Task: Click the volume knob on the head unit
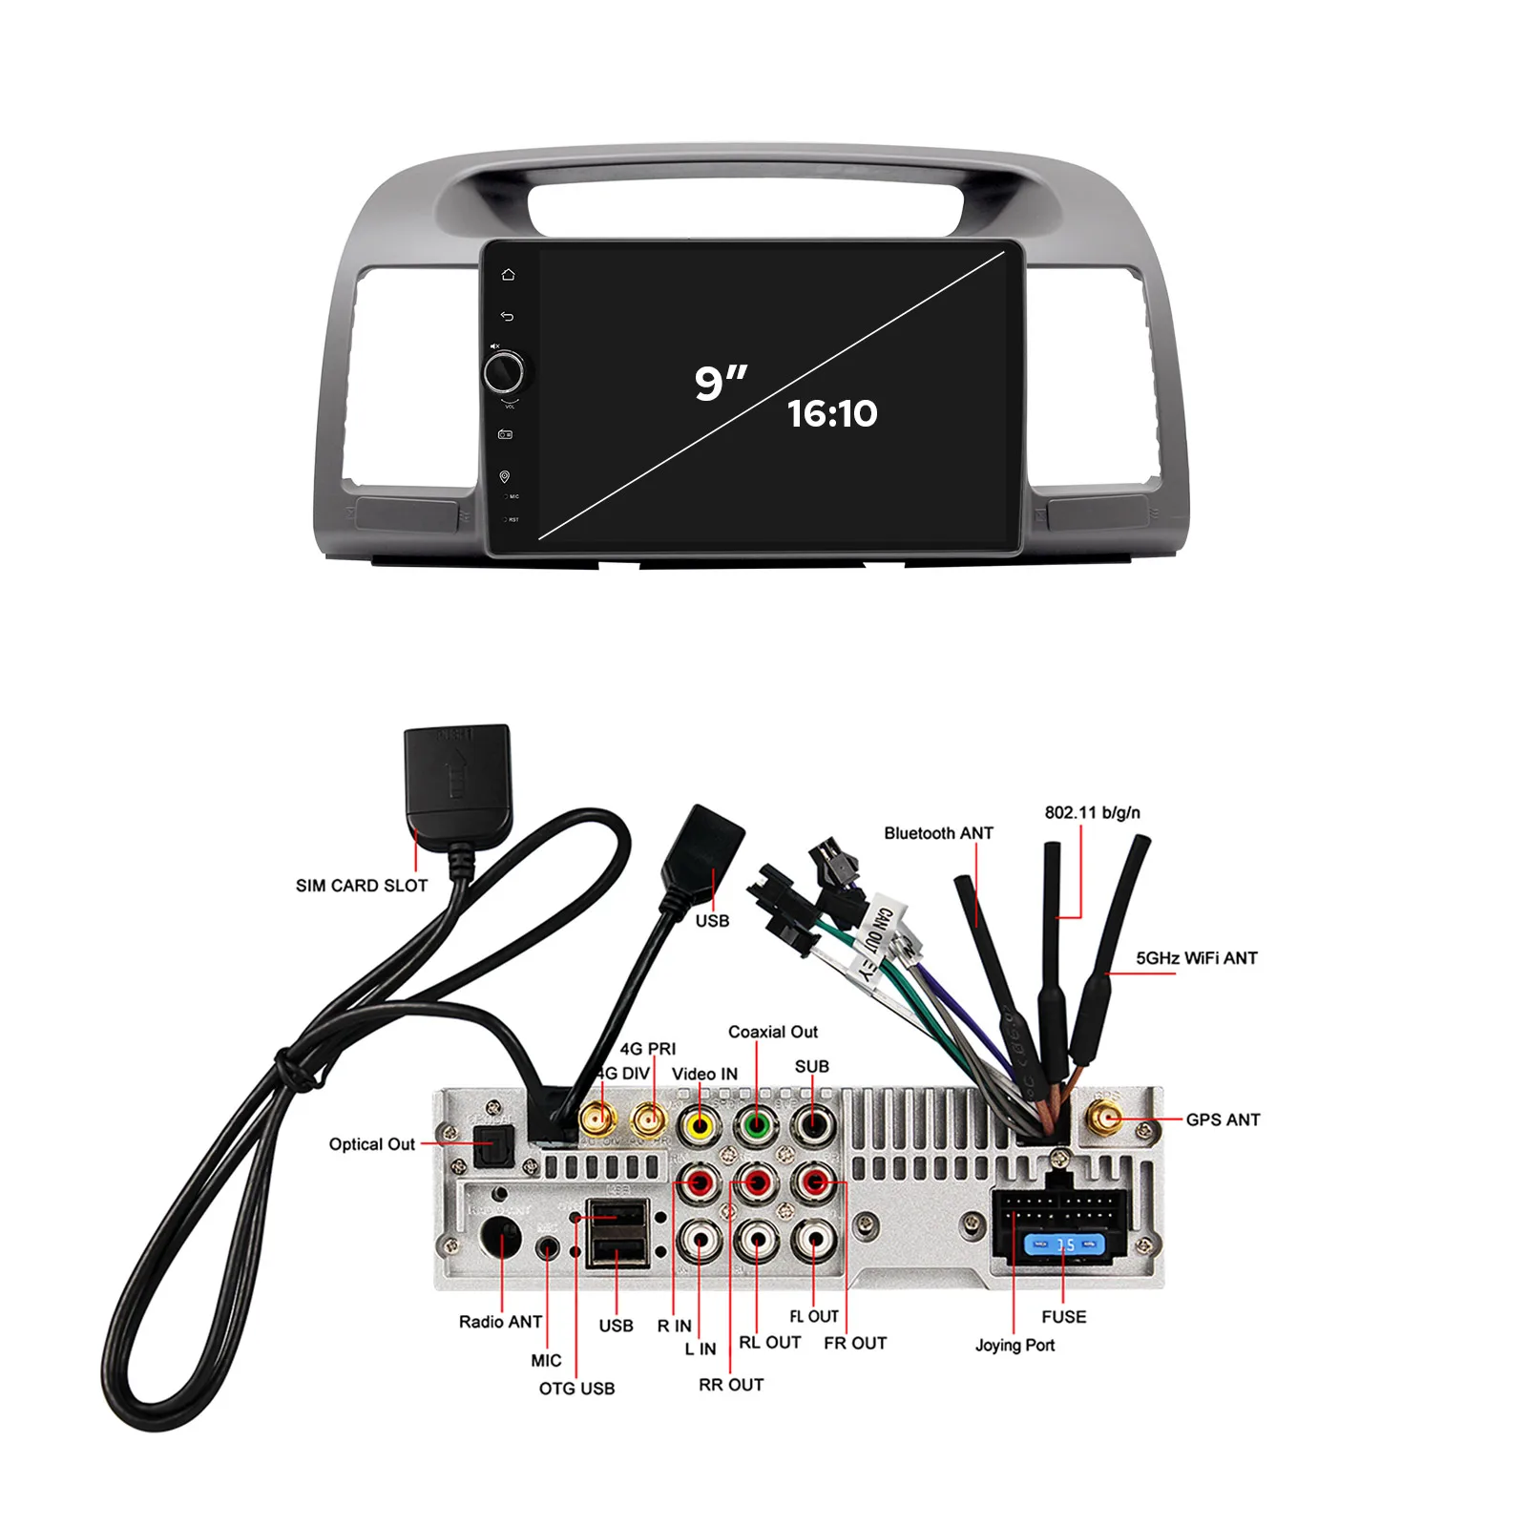tap(503, 371)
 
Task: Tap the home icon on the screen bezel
tap(508, 275)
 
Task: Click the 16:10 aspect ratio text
tap(832, 413)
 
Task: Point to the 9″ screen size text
tap(720, 382)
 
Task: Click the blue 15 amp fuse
tap(1064, 1245)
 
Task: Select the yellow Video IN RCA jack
tap(700, 1126)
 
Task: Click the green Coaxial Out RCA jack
tap(756, 1126)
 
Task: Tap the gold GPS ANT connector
tap(1106, 1118)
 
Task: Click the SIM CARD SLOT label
tap(362, 886)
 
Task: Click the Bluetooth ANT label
tap(938, 833)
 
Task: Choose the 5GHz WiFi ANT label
tap(1197, 958)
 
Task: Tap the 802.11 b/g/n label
tap(1092, 813)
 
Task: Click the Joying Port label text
tap(1015, 1345)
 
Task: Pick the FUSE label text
tap(1063, 1317)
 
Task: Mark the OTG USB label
tap(576, 1389)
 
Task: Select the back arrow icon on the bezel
tap(507, 317)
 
